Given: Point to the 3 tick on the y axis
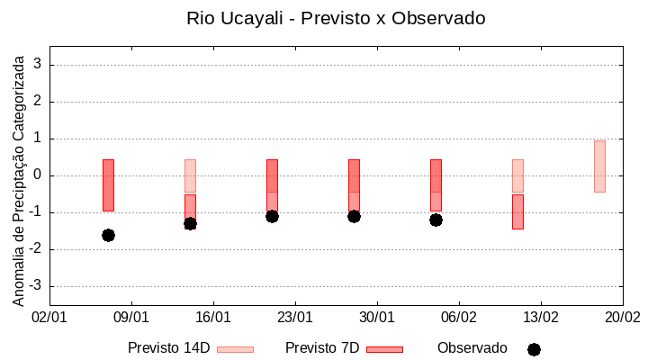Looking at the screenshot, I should click(x=38, y=65).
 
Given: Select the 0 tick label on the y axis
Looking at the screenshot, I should click(x=38, y=175).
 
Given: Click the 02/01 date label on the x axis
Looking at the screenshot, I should click(x=49, y=318).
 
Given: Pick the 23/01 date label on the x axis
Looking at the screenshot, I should click(x=295, y=318).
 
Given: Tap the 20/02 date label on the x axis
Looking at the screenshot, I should click(x=622, y=318).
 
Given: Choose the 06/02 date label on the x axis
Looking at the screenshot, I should click(x=459, y=318).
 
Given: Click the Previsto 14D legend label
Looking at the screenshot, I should click(x=168, y=348).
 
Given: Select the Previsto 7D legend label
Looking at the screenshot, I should click(x=321, y=348).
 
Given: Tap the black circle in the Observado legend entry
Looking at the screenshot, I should click(x=534, y=349).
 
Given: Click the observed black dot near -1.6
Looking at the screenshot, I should click(x=108, y=235).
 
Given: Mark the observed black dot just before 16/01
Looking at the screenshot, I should click(x=190, y=223).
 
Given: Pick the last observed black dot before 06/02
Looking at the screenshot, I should click(x=436, y=220).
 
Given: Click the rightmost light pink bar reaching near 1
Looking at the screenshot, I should click(x=599, y=166).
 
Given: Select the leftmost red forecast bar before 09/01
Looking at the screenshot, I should click(x=108, y=184).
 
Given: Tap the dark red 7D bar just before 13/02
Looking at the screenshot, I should click(x=517, y=211).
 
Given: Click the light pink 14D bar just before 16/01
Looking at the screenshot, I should click(x=190, y=175).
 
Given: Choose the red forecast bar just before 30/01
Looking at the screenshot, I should click(x=354, y=184).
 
